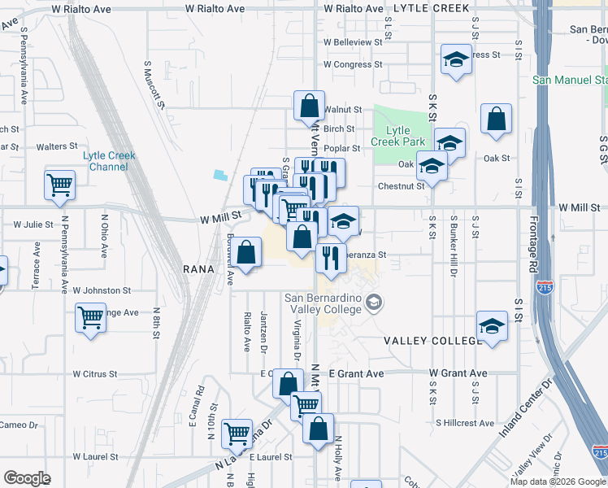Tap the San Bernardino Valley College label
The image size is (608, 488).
pos(323,303)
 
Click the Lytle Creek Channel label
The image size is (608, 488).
pos(110,161)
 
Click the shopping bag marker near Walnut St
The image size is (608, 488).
pos(309,107)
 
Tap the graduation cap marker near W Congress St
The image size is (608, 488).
pos(456,59)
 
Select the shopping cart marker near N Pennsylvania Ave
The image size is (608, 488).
pos(60,186)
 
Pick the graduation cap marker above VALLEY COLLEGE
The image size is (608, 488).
pos(492,327)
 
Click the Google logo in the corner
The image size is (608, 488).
pos(28,478)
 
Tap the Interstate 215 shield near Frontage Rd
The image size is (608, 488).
pos(544,287)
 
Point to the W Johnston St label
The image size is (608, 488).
pos(102,290)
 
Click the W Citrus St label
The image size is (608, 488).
pos(101,374)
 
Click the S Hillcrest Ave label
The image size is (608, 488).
pos(465,423)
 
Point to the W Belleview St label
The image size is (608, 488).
pos(352,41)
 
